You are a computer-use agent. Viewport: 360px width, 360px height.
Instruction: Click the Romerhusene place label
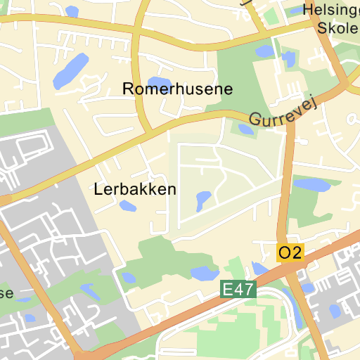pos(177,89)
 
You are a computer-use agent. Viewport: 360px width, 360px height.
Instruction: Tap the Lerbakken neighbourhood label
pos(134,189)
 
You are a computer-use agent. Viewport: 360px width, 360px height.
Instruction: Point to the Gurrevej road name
pos(283,111)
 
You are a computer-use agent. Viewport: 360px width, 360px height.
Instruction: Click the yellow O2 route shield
pos(290,252)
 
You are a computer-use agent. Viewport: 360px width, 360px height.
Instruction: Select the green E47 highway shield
pos(238,289)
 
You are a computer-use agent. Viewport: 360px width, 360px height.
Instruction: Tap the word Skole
pos(338,27)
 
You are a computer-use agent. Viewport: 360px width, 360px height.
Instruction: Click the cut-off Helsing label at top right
pos(330,10)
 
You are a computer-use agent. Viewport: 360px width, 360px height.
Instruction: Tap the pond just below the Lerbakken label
pos(127,206)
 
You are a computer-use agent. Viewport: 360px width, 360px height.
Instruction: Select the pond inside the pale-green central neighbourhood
pos(203,200)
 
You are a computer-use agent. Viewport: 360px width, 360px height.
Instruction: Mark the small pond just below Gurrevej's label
pos(245,129)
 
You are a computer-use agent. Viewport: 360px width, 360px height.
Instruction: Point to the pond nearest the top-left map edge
pos(72,11)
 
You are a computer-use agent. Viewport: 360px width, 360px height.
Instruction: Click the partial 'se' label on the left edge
pos(6,292)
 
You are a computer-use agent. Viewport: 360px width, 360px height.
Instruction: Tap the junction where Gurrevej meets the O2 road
pos(290,124)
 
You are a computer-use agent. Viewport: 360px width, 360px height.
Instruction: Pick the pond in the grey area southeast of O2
pos(335,310)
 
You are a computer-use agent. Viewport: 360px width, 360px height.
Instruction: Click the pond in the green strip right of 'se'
pos(89,290)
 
